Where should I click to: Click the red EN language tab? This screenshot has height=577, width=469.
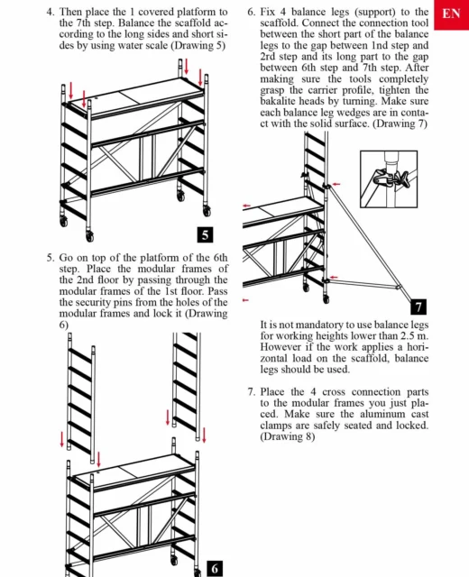451,14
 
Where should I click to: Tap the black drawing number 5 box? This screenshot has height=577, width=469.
205,234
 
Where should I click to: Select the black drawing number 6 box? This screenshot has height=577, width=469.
215,569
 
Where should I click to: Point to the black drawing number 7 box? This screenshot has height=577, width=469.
418,307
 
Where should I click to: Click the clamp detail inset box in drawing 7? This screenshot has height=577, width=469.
389,179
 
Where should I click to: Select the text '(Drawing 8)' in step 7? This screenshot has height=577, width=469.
288,436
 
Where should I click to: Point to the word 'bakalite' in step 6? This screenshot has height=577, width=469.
278,101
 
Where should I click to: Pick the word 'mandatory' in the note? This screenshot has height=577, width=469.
318,325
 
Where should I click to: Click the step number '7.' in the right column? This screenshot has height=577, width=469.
252,392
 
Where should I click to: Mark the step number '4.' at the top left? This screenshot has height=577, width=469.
51,12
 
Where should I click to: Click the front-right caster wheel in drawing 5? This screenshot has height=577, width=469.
90,236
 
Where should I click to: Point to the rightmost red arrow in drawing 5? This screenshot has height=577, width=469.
200,77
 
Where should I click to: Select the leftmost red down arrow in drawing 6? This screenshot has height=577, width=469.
62,439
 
